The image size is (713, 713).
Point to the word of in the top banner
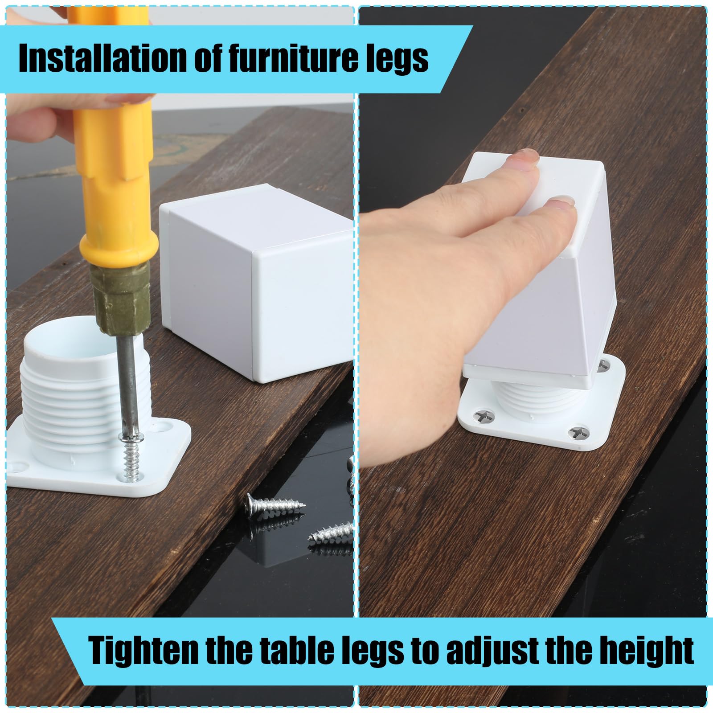[209, 58]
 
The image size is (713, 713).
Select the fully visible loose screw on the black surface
[275, 505]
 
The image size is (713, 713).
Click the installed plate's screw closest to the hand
[484, 417]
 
